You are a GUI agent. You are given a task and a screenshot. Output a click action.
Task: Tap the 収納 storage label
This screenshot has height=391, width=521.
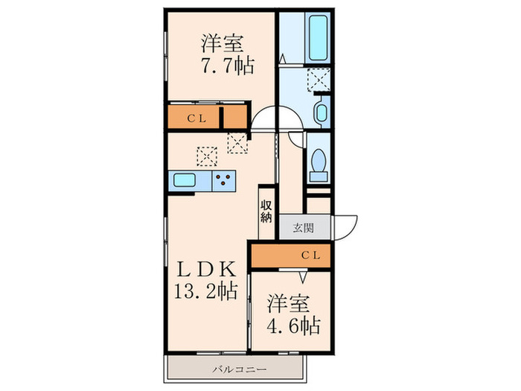click(266, 210)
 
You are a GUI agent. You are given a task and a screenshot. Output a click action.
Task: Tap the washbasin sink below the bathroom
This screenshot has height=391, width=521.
click(320, 112)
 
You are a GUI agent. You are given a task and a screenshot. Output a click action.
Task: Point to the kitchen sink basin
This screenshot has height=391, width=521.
click(184, 179)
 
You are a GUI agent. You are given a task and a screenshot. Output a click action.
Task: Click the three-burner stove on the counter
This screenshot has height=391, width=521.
click(223, 179)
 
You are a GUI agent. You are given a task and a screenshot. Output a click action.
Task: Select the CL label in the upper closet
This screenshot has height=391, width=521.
click(196, 117)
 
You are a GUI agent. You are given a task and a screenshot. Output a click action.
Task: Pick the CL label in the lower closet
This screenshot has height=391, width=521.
click(310, 255)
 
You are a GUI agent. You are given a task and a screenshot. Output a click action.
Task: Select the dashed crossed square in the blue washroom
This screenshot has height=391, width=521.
click(320, 78)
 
